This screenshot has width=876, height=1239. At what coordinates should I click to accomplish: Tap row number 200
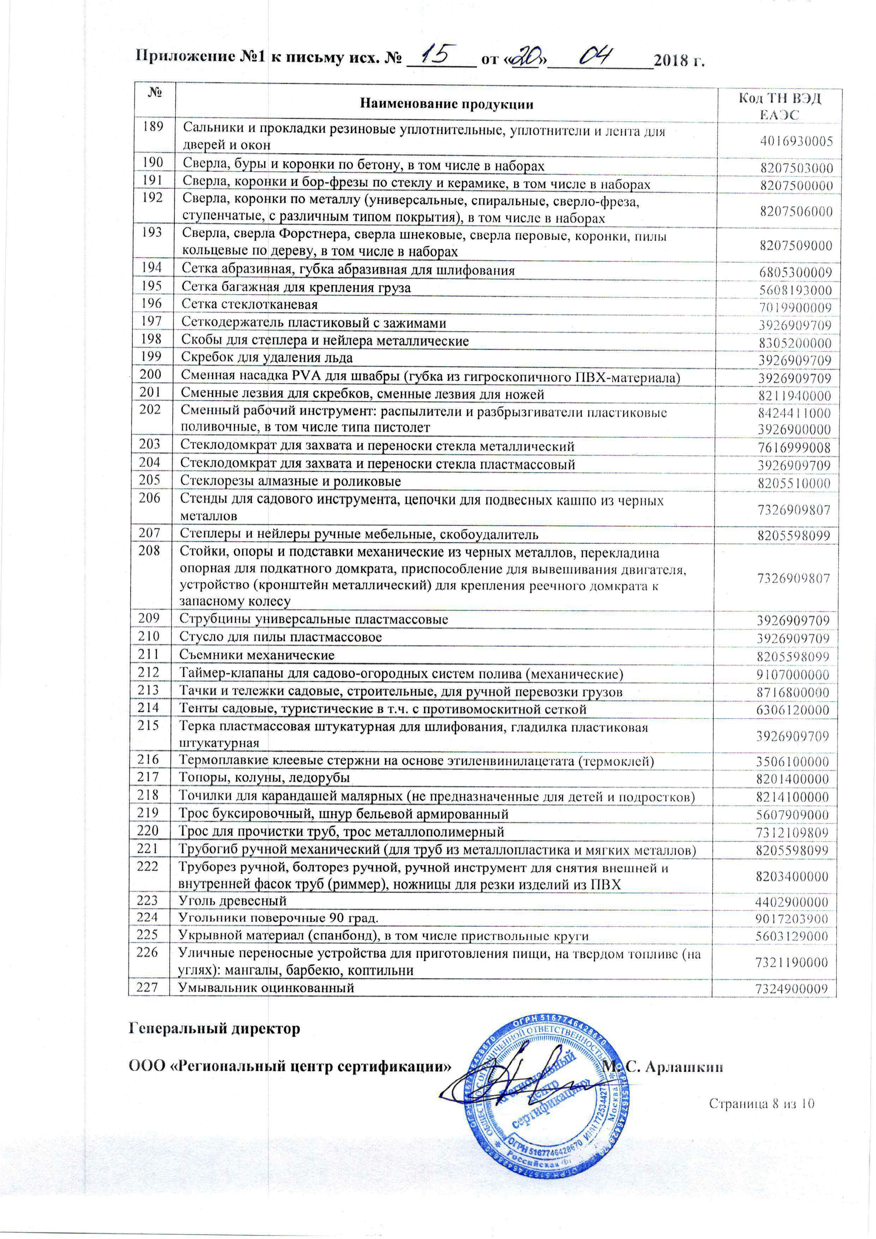[150, 373]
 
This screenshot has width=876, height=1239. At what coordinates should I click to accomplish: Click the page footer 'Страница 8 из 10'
[761, 1104]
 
